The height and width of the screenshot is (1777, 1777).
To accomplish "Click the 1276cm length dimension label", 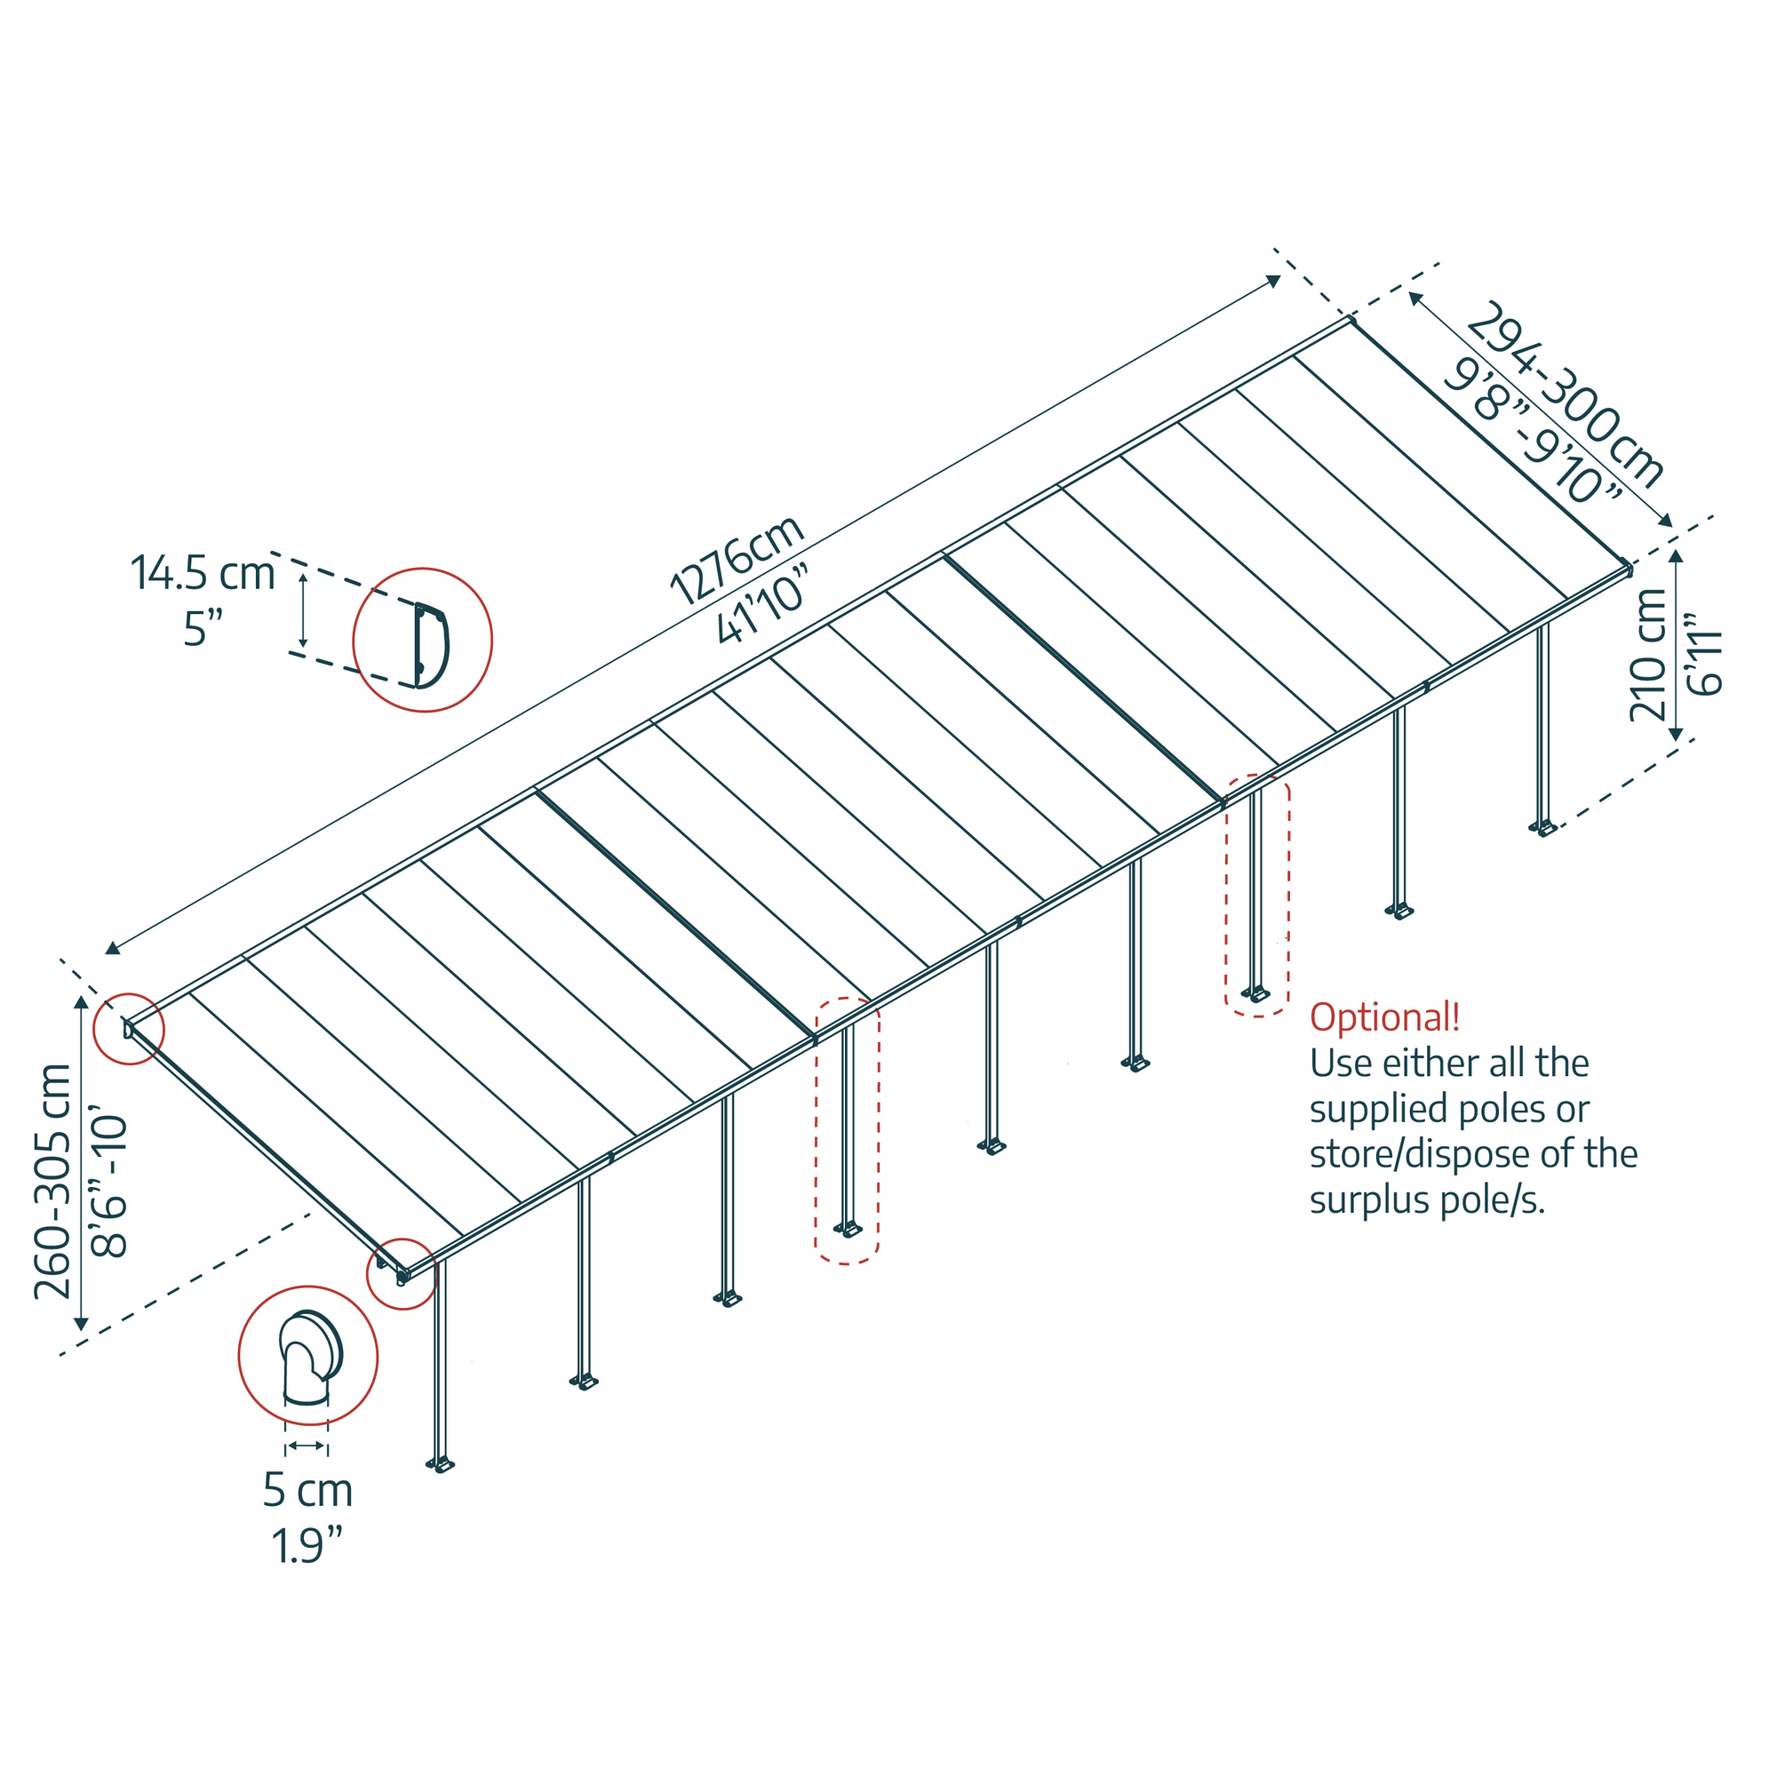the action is [737, 560].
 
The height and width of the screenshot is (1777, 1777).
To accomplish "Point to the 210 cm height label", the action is [1648, 654].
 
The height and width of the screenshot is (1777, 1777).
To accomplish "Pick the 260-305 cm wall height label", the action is [52, 1182].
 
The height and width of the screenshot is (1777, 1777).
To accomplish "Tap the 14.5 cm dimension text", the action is [203, 573].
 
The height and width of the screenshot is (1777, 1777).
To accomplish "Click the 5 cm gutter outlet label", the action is [308, 1491].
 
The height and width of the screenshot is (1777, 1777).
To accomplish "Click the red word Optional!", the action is [1384, 1017].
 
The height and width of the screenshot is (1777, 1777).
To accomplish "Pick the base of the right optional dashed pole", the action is [1256, 994].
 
